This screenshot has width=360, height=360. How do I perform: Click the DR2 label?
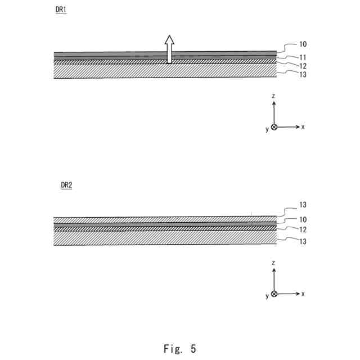(x=66, y=185)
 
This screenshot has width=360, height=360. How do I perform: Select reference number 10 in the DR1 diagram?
(x=303, y=44)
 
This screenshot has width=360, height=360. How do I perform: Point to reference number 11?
(x=303, y=57)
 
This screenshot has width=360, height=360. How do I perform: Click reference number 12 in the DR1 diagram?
(x=303, y=66)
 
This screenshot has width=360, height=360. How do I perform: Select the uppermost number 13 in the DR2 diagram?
(x=303, y=205)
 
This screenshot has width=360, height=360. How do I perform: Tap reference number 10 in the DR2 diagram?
(x=303, y=220)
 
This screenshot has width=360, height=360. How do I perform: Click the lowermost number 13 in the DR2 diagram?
(x=303, y=241)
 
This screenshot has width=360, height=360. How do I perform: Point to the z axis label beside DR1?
(x=273, y=96)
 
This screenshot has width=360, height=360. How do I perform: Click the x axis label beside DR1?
(x=303, y=127)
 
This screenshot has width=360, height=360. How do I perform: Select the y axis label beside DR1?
(x=267, y=129)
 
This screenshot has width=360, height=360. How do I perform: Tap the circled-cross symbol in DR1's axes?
(x=274, y=127)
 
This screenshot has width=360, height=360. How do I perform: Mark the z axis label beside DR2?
(x=273, y=263)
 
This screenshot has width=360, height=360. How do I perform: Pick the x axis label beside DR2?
(x=303, y=294)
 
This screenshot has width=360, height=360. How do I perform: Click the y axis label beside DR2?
(x=267, y=296)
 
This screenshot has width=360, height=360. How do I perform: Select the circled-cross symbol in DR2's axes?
(x=274, y=294)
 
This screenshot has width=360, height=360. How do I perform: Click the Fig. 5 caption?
(x=180, y=349)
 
